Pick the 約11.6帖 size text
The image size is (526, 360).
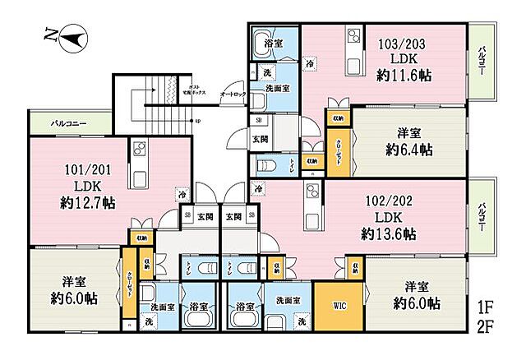coord(404,75)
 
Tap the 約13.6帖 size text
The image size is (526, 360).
coord(388,234)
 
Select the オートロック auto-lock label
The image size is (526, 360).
coord(232,95)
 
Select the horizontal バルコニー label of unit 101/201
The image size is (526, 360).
coord(69,124)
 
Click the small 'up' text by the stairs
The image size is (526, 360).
coord(197,121)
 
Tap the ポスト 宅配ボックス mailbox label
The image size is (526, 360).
coord(195,90)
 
